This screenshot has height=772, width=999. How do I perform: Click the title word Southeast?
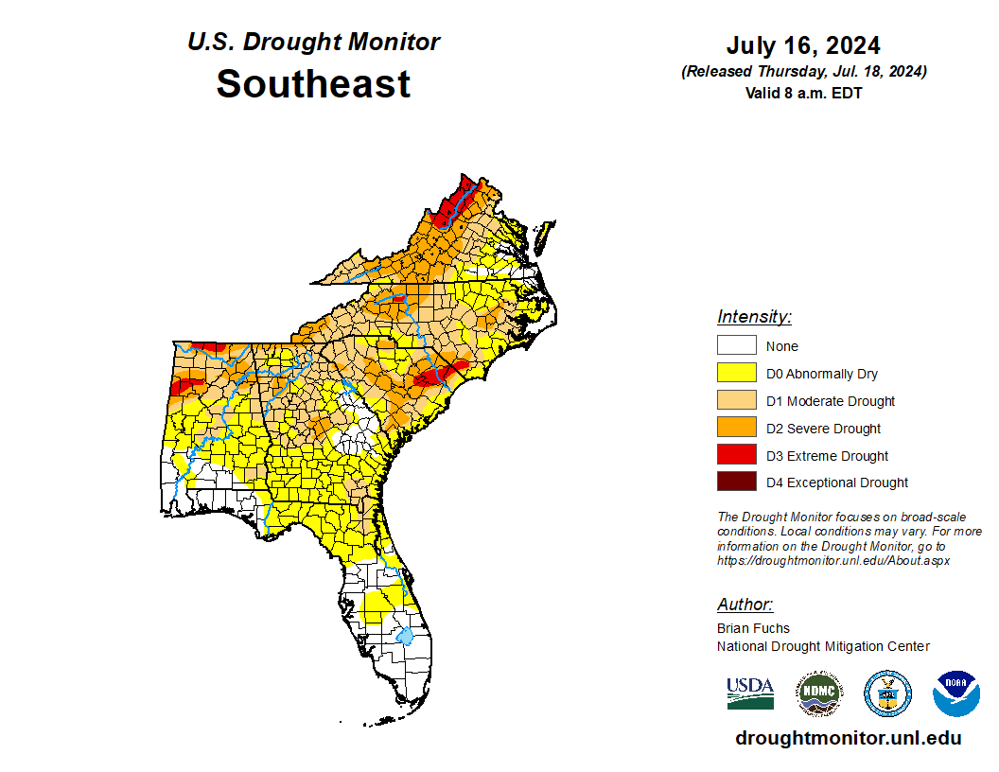(x=313, y=84)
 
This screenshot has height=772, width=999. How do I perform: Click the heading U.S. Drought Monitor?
(x=313, y=43)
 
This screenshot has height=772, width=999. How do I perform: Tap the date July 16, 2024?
(x=803, y=46)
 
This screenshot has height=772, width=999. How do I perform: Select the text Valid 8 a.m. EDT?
(x=803, y=93)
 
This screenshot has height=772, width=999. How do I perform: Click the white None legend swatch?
(x=736, y=346)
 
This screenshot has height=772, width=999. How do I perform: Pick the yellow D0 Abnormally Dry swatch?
(x=736, y=374)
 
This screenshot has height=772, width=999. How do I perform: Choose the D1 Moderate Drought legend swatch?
(x=736, y=401)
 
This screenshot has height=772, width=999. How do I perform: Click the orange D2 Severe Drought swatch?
(x=736, y=429)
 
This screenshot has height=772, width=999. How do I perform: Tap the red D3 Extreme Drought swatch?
(x=736, y=456)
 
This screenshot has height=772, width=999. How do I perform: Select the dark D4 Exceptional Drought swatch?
(x=736, y=482)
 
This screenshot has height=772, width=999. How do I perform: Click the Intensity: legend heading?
(x=754, y=317)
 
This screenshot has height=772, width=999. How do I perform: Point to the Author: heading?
(x=745, y=605)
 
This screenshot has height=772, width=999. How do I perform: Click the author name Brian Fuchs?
(x=753, y=628)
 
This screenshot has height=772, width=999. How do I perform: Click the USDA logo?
(x=750, y=693)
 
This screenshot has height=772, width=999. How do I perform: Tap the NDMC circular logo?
(x=818, y=693)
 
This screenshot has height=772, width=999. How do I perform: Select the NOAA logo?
(x=955, y=693)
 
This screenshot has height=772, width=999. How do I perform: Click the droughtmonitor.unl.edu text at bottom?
(x=848, y=739)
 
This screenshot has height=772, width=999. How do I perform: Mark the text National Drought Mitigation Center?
(x=823, y=646)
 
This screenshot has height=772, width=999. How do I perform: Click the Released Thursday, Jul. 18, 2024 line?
(x=803, y=72)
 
